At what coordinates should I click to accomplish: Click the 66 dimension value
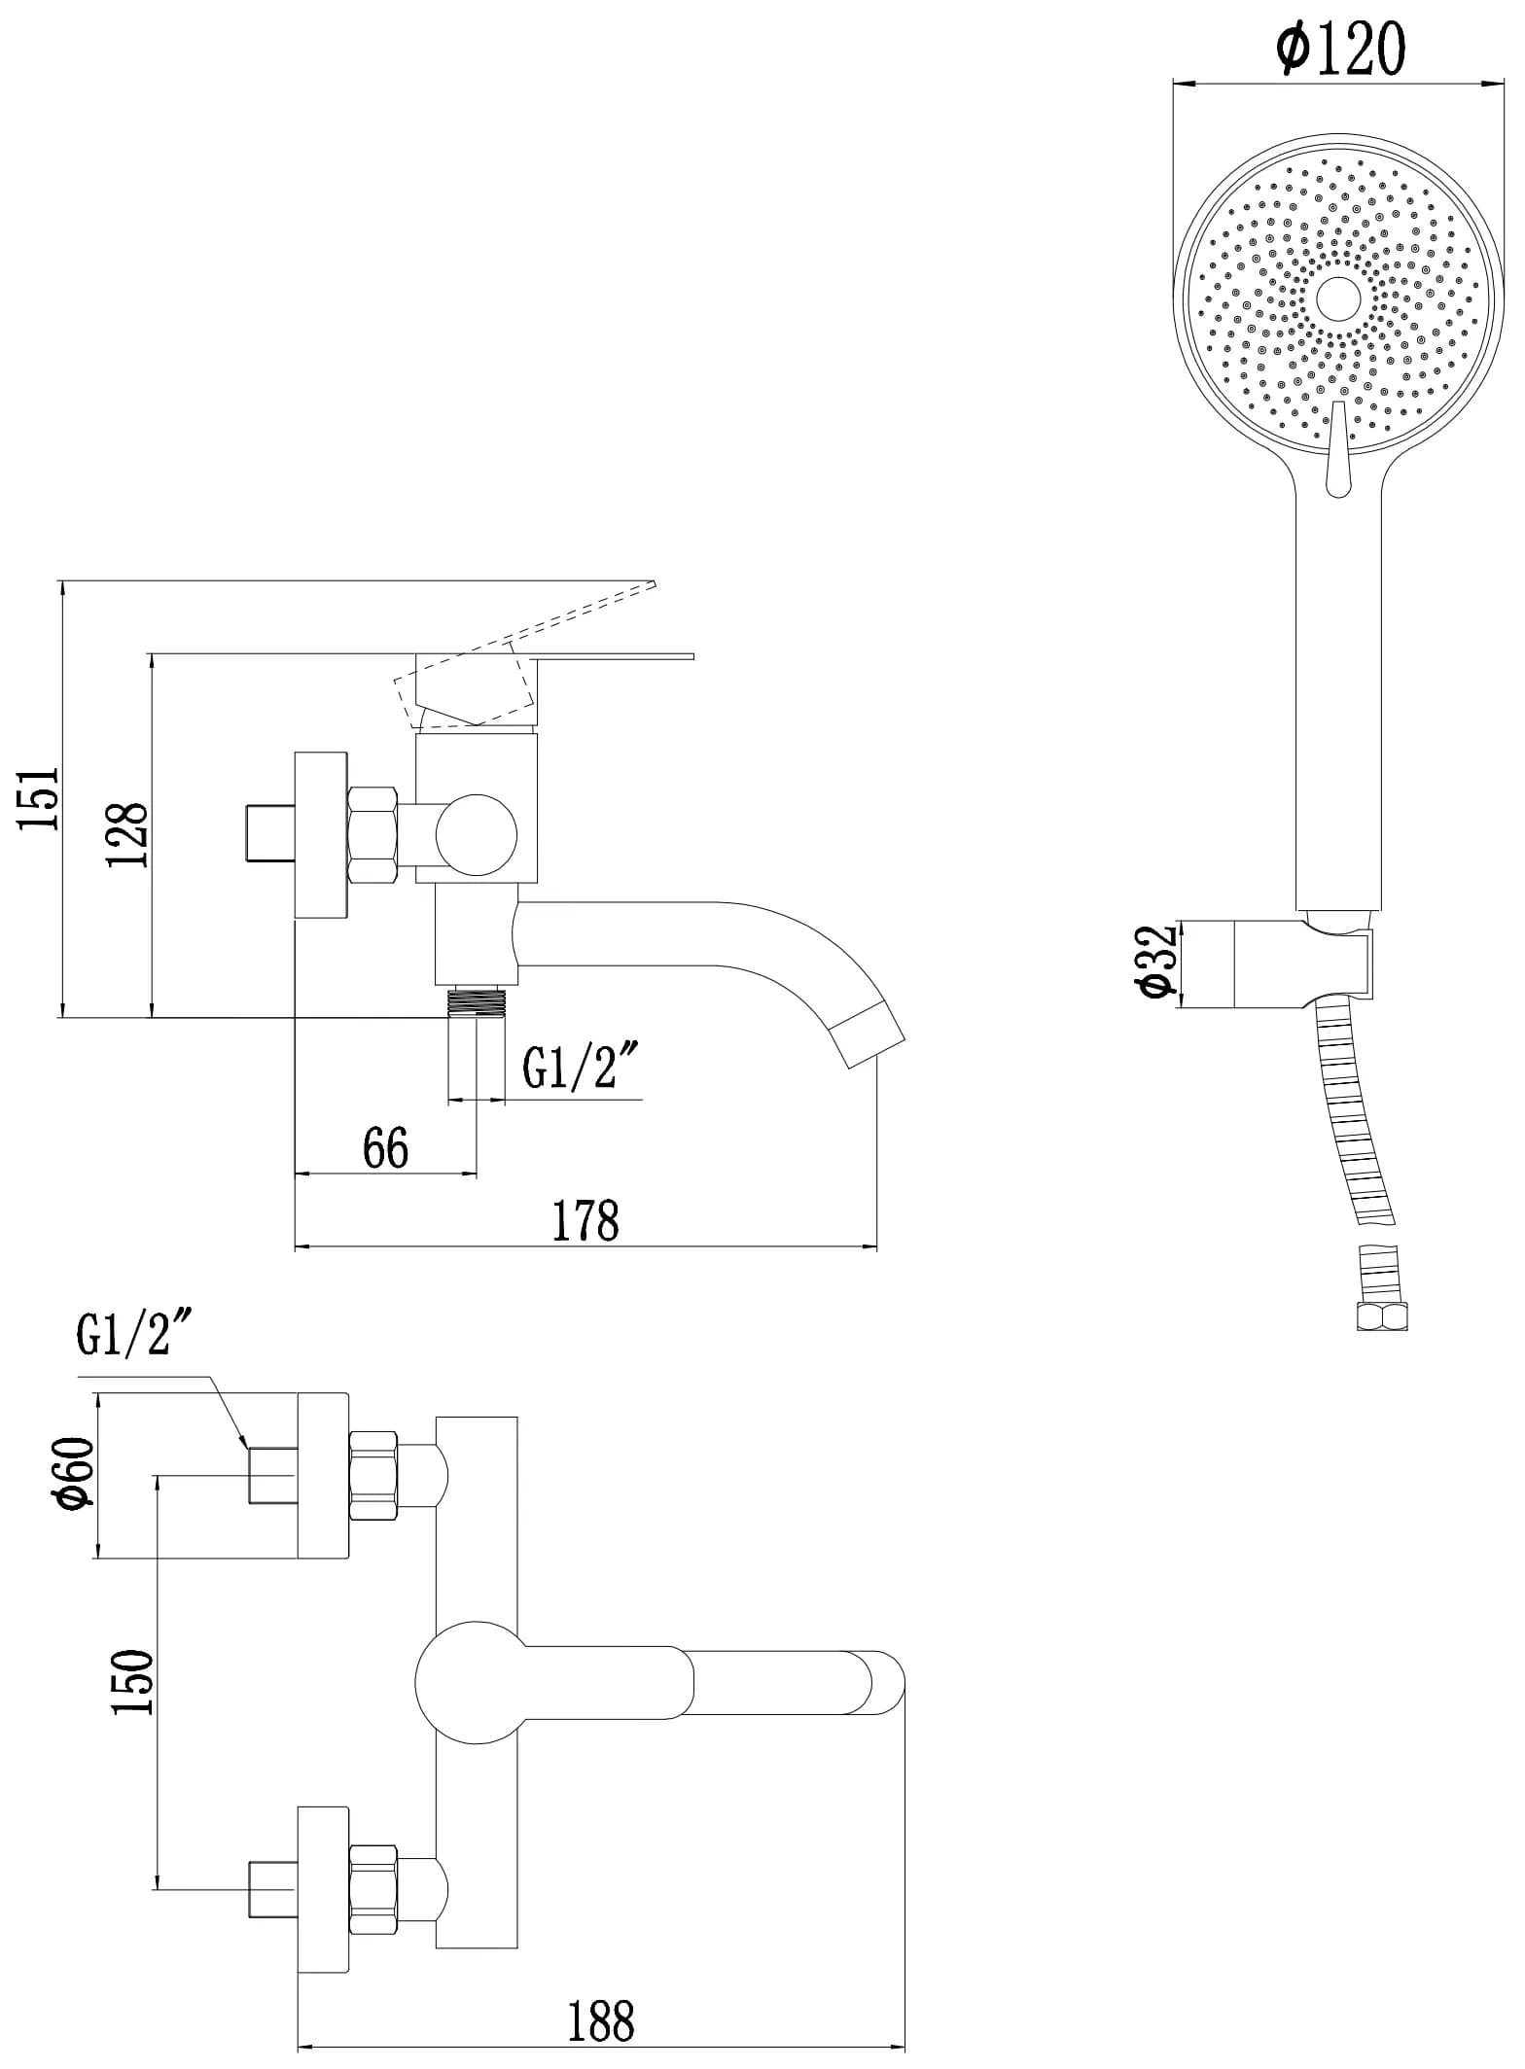[x=386, y=1149]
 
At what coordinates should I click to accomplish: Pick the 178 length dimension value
[x=585, y=1221]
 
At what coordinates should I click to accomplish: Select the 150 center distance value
[x=133, y=1683]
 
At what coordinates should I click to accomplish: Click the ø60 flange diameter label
[x=76, y=1474]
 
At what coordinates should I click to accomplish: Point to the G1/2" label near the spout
[x=581, y=1067]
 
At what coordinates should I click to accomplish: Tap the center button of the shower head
[x=1338, y=298]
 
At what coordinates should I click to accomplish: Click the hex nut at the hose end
[x=1381, y=1317]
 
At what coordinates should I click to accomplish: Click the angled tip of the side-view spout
[x=869, y=1037]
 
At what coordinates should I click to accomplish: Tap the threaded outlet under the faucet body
[x=477, y=1001]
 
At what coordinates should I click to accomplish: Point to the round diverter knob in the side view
[x=477, y=835]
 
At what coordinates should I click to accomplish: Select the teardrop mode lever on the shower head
[x=1338, y=452]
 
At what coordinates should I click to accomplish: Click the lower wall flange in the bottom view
[x=323, y=1890]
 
